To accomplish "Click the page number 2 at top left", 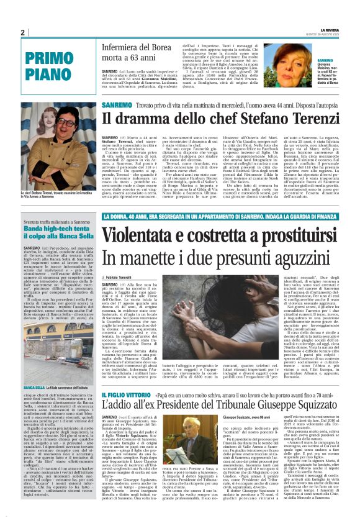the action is (x=22, y=32).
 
